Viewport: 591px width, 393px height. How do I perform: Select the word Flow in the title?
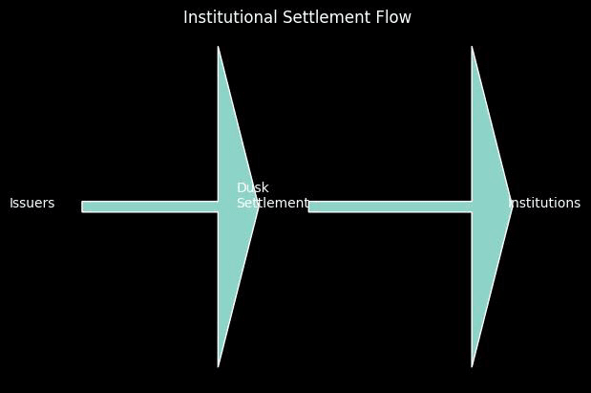coord(395,17)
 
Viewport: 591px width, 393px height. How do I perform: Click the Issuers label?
coord(32,204)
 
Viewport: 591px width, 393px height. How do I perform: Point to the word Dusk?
coord(252,188)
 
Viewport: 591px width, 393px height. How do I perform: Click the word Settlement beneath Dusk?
coord(273,204)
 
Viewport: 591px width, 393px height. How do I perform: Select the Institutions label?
coord(545,204)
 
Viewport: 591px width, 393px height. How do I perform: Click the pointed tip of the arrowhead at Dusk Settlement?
coord(259,207)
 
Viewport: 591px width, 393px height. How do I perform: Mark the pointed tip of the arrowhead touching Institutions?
coord(512,207)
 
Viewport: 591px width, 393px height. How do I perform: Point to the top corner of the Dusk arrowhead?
coord(219,48)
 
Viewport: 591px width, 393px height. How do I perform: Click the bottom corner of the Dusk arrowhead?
coord(219,365)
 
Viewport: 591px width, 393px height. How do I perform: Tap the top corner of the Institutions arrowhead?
coord(473,48)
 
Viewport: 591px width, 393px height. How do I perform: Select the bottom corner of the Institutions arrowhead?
coord(473,365)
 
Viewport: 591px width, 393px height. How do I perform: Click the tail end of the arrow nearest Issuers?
coord(83,207)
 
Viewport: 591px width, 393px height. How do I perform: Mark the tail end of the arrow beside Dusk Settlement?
coord(310,207)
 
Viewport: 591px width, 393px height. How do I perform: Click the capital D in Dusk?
coord(242,188)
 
